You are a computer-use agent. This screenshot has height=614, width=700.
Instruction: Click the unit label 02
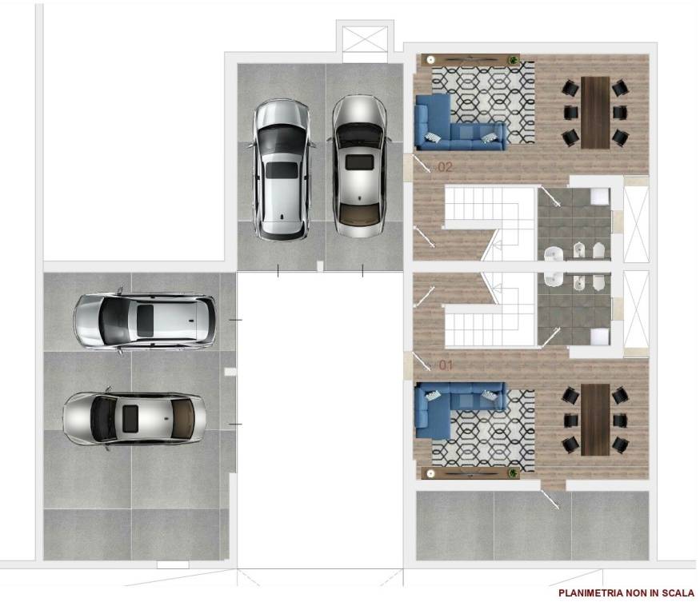click(x=445, y=168)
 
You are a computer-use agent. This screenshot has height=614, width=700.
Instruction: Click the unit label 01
click(x=445, y=365)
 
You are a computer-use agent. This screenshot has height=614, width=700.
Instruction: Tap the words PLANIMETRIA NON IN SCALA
click(x=626, y=593)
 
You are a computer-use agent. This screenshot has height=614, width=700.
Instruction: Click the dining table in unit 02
click(x=595, y=112)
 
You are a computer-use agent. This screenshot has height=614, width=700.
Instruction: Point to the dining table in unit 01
click(x=595, y=418)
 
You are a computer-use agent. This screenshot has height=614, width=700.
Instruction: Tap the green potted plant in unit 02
click(x=526, y=61)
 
